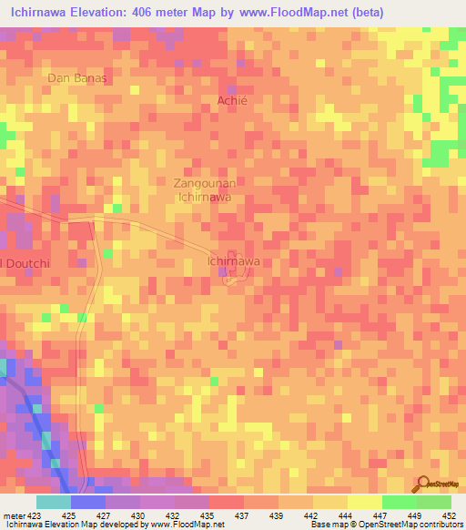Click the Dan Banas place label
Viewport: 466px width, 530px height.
(77, 78)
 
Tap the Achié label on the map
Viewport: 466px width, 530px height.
(232, 101)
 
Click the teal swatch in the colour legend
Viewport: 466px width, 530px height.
(54, 502)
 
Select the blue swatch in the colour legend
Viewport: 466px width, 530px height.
(88, 502)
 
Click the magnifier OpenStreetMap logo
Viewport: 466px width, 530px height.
(422, 484)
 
